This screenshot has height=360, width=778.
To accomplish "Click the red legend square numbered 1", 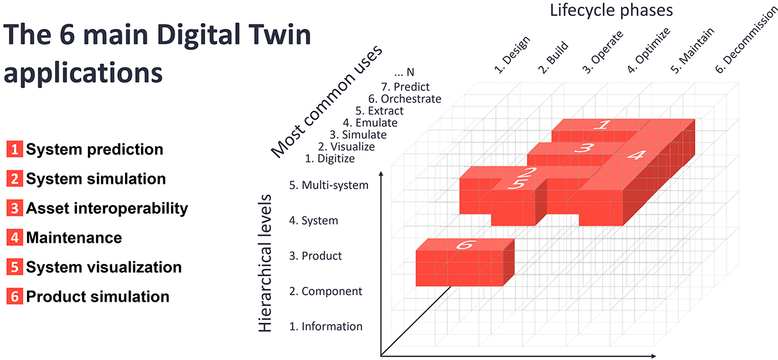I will (x=15, y=150).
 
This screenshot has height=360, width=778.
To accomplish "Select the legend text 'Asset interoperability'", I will (x=107, y=208).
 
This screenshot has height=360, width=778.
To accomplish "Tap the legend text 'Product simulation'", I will (x=97, y=297).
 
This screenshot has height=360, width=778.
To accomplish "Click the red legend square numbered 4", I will (x=15, y=238).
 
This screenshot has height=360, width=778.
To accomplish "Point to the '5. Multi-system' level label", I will (x=329, y=186).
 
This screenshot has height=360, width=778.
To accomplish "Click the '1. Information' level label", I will (x=326, y=326).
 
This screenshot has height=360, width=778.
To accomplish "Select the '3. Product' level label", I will (x=315, y=256).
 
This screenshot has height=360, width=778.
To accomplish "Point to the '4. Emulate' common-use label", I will (x=370, y=122).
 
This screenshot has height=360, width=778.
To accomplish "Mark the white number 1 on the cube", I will (x=601, y=124).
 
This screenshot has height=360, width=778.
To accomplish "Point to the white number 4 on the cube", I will (x=635, y=154).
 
